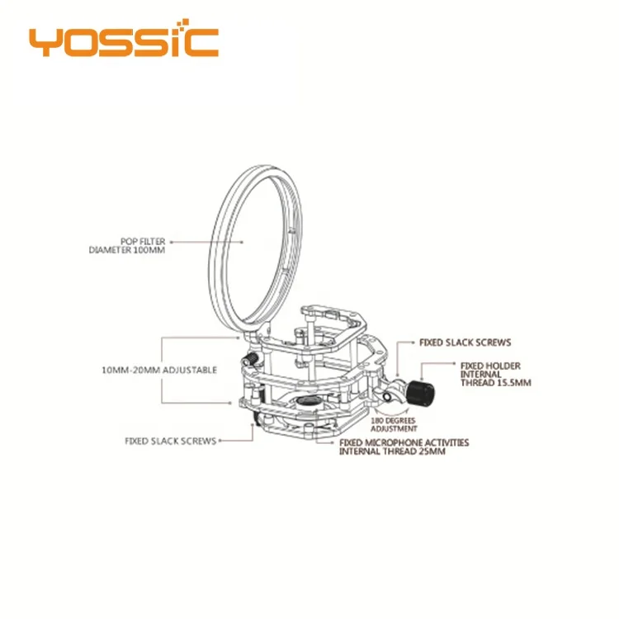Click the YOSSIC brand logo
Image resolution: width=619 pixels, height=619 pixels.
[123, 41]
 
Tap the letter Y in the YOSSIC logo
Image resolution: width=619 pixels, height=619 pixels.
[44, 41]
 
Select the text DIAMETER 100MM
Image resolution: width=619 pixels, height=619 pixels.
[129, 249]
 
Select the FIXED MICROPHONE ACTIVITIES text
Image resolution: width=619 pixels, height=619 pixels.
[404, 443]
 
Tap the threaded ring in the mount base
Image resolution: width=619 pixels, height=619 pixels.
[309, 403]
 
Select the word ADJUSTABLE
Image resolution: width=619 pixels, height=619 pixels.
[191, 371]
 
